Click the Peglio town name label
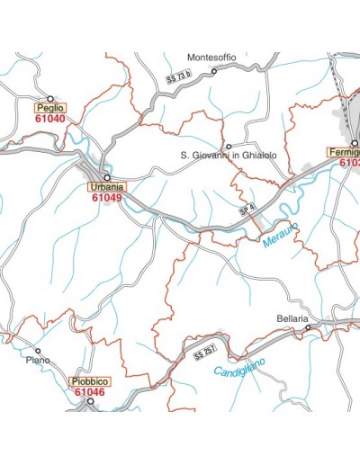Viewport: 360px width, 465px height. pos(50,108)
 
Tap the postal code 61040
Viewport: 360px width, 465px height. pos(50,119)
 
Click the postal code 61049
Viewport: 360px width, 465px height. pos(106,197)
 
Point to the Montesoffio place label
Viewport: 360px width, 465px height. pos(211,57)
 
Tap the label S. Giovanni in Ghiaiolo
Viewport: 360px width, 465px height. pos(229,156)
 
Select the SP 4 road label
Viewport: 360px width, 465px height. pos(247,209)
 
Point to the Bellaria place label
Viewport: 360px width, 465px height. pos(293,319)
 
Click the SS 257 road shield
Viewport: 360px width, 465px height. pos(205,353)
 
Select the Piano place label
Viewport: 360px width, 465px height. pos(38,362)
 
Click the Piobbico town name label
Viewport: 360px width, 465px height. pos(89,382)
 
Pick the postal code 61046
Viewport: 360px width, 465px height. pos(89,392)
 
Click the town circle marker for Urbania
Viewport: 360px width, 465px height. pos(106,177)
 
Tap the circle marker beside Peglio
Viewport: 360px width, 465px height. pos(50,98)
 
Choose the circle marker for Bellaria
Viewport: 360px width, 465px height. pos(308,328)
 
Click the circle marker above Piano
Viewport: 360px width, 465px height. pos(38,351)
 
